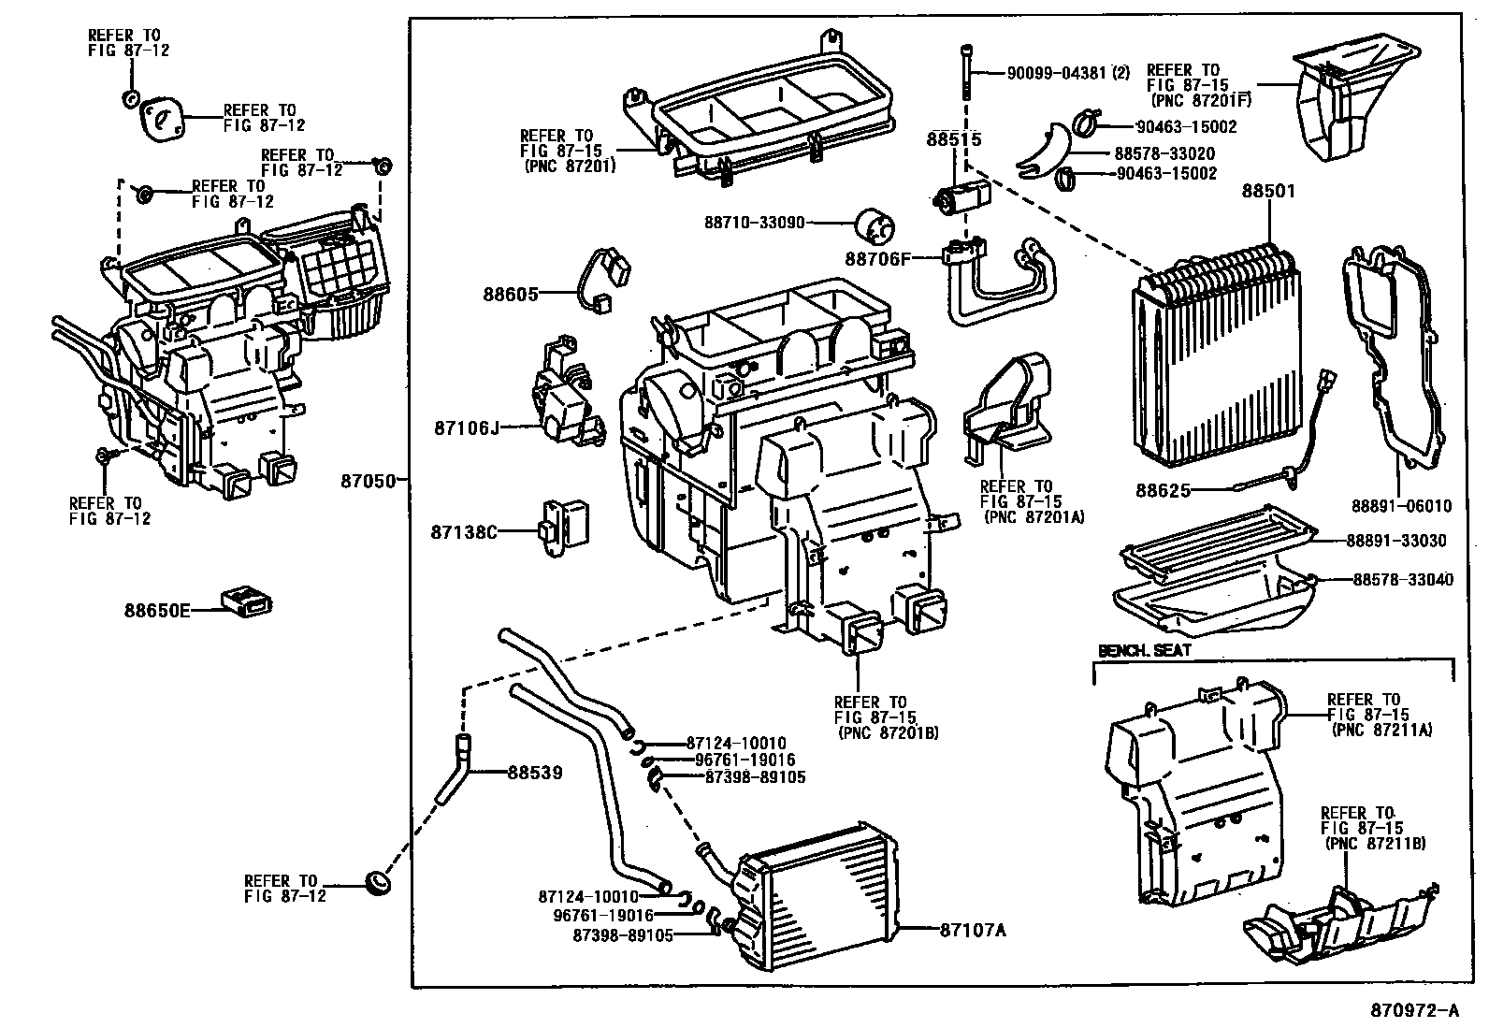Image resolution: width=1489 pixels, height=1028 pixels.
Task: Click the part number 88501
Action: (1268, 191)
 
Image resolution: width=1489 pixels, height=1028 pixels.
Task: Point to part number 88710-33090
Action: (755, 223)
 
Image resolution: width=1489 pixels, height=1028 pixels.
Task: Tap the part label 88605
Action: (511, 294)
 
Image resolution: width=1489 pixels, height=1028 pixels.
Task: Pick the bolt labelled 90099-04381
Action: (964, 70)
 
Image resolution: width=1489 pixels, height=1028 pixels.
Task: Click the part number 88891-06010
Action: (1399, 506)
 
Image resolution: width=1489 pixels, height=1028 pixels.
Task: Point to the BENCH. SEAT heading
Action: (1132, 650)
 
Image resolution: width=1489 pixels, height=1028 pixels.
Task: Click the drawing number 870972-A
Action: (1415, 1010)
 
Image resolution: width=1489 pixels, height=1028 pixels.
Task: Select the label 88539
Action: (535, 773)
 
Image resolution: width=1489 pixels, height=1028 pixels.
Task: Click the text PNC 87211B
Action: (1376, 844)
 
